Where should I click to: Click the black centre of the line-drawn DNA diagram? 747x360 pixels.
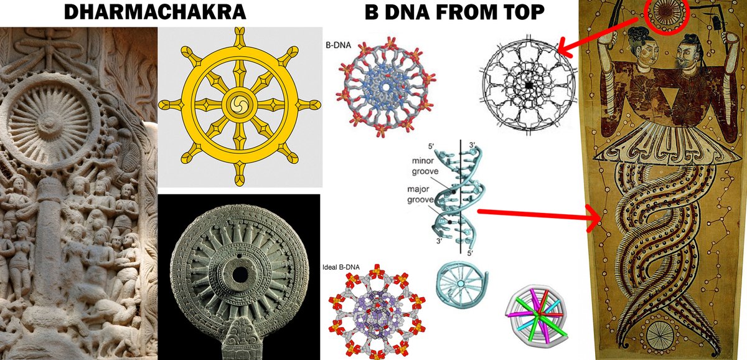click(528, 83)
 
